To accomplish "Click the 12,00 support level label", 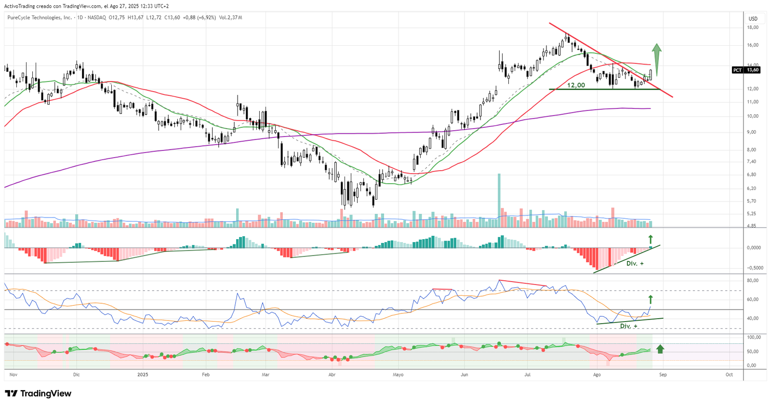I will click(x=576, y=85).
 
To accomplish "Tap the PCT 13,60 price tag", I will click(x=746, y=70).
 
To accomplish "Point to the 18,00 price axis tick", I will click(x=753, y=27).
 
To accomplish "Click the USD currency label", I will click(x=753, y=19).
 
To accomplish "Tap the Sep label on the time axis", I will click(x=663, y=375).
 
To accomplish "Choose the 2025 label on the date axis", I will click(x=143, y=375).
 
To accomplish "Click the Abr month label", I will click(x=332, y=375).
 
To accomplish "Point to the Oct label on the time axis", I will click(x=729, y=375).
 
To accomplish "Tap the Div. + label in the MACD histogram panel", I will click(x=635, y=263).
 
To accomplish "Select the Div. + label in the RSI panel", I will click(x=628, y=326).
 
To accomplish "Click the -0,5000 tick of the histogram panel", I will click(x=754, y=268).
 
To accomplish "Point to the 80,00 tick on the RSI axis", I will click(x=753, y=281).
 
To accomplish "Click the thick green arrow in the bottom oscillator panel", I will click(x=660, y=349).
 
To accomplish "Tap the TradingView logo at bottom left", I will click(x=39, y=393).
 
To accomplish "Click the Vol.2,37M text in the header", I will click(x=230, y=18).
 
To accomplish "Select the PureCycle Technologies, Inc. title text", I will click(x=40, y=18).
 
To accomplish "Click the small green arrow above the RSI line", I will click(x=650, y=299).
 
